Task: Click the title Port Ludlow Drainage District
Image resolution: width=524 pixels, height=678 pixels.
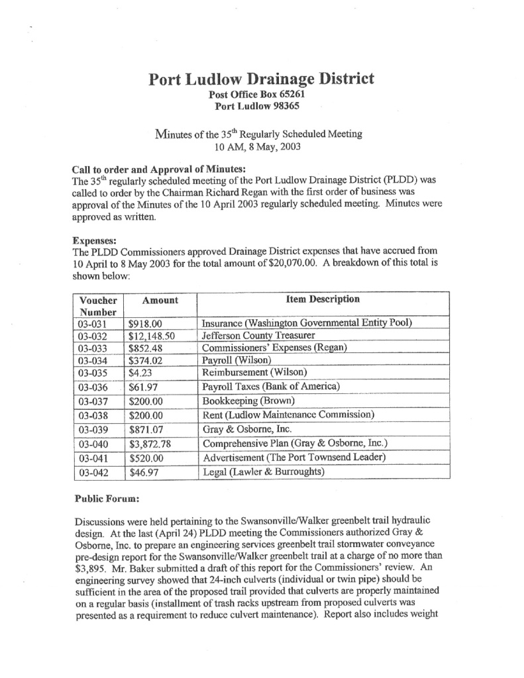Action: (261, 79)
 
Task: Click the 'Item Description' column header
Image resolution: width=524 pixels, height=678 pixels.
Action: (323, 299)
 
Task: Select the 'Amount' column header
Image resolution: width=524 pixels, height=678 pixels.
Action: (160, 301)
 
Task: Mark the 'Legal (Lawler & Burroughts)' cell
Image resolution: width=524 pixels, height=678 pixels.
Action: (263, 472)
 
